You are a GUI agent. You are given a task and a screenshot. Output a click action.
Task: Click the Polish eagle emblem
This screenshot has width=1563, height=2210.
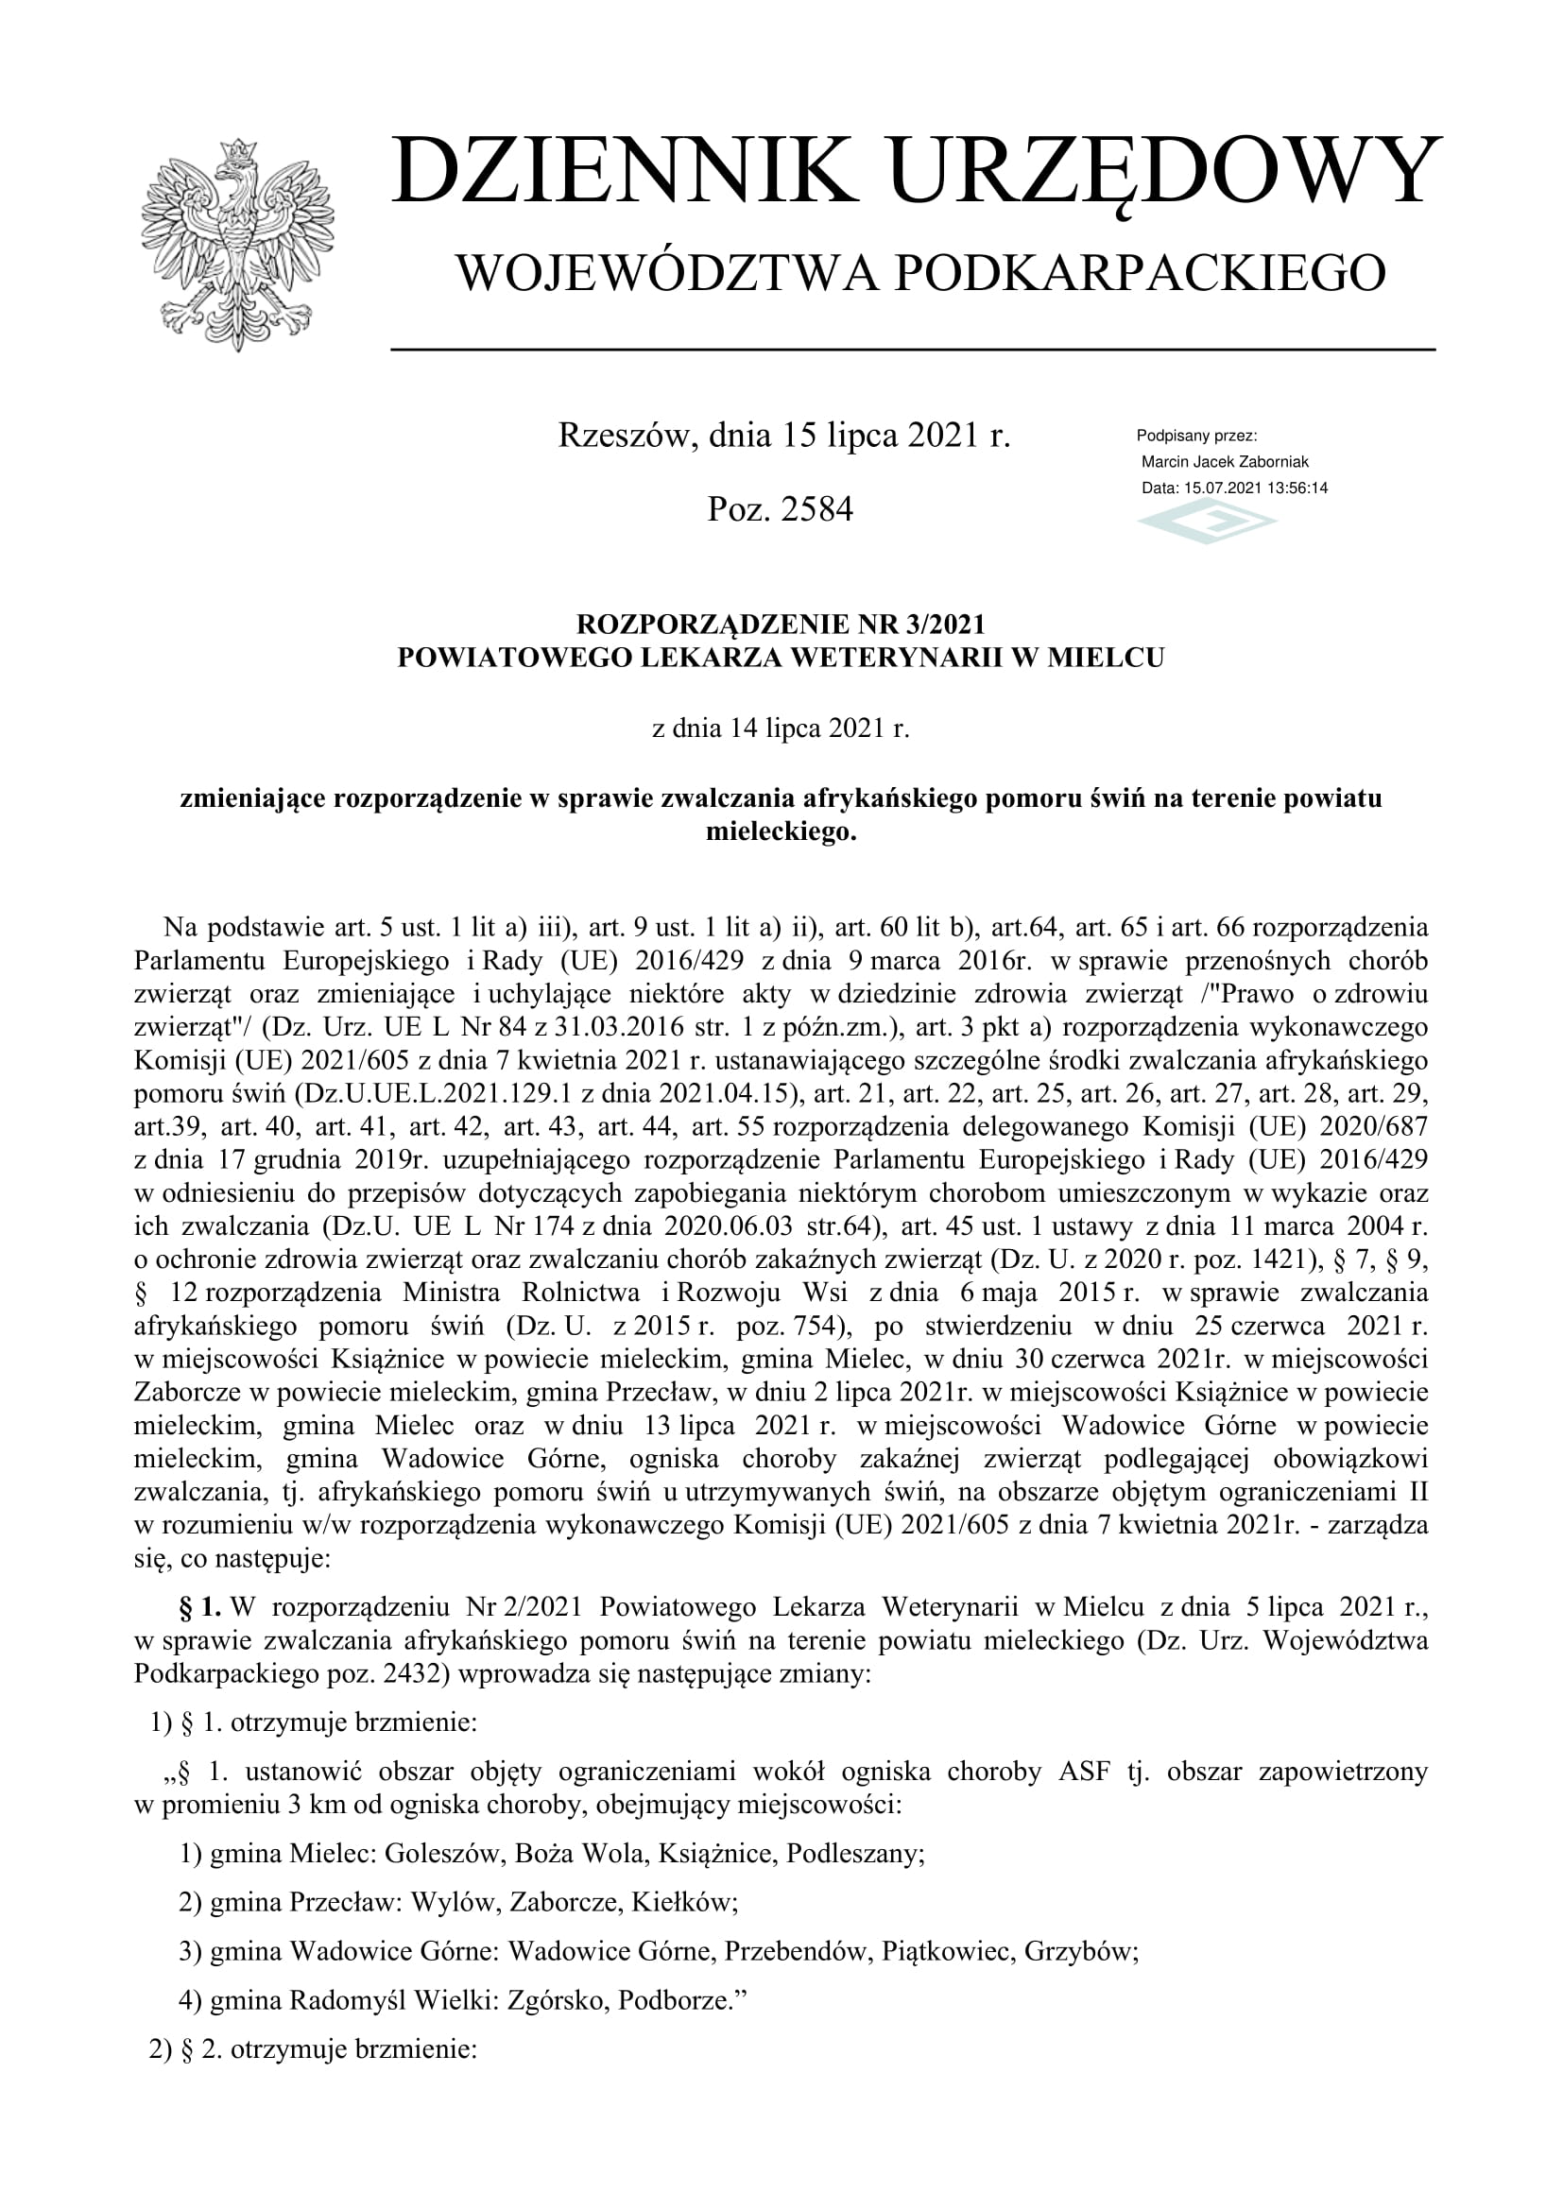click(237, 245)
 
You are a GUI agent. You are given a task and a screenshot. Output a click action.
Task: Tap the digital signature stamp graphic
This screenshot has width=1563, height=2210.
click(1207, 523)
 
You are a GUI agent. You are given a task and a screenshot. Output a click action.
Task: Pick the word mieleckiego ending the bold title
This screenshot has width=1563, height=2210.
click(780, 831)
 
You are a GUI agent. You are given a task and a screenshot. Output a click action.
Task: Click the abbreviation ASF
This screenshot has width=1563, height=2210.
click(1084, 1771)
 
